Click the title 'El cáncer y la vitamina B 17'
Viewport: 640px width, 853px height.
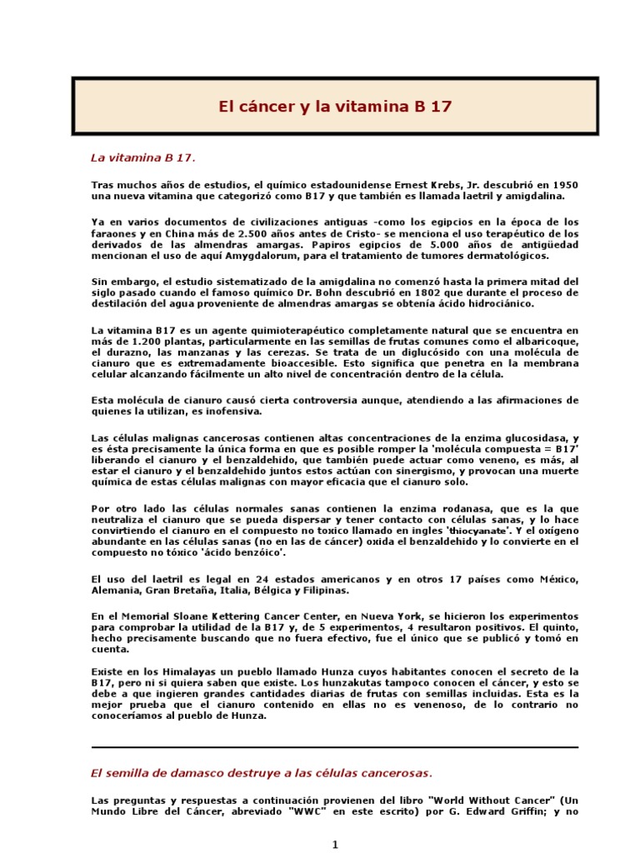click(335, 107)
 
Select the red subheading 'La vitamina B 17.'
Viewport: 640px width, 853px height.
click(143, 157)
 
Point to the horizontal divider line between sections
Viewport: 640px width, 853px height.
click(334, 747)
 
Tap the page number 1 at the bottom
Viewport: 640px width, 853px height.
click(335, 845)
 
